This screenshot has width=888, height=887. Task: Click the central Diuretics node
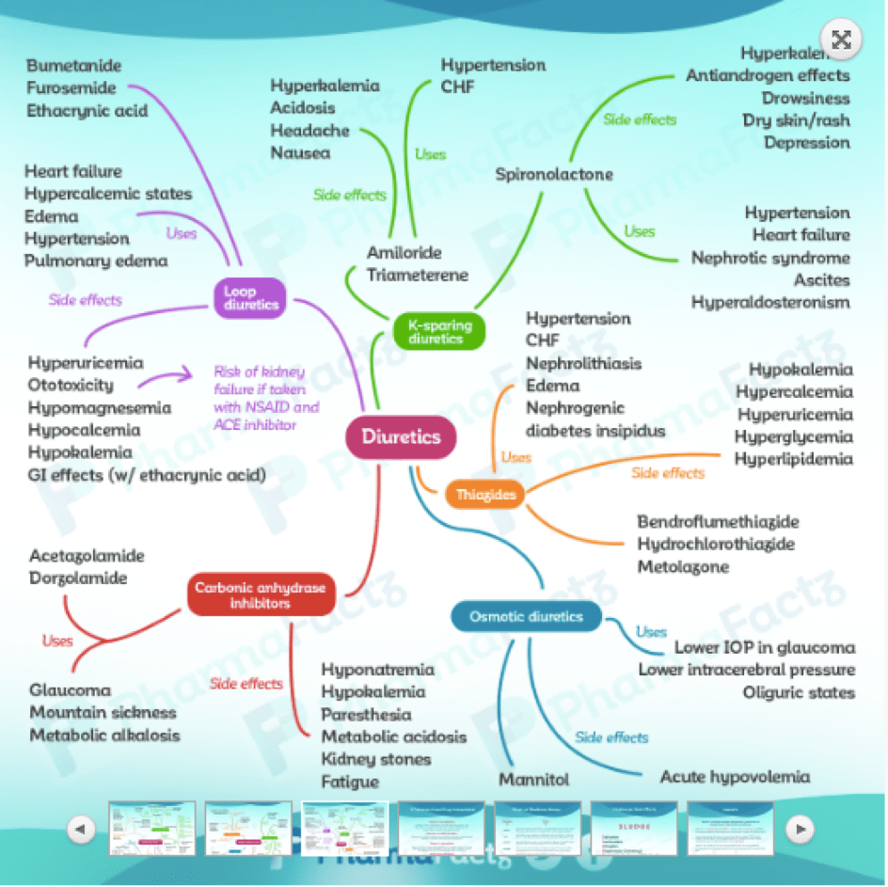pyautogui.click(x=401, y=437)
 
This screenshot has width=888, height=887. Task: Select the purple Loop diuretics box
pyautogui.click(x=250, y=295)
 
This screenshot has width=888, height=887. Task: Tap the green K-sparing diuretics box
pyautogui.click(x=439, y=331)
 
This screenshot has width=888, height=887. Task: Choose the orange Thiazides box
pyautogui.click(x=485, y=494)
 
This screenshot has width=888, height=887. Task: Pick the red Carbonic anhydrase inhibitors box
pyautogui.click(x=261, y=595)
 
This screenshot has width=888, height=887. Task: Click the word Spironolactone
pyautogui.click(x=554, y=174)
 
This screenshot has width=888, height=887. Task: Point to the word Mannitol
pyautogui.click(x=534, y=780)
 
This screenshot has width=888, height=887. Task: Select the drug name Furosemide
pyautogui.click(x=71, y=88)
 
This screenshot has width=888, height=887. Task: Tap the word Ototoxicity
pyautogui.click(x=71, y=385)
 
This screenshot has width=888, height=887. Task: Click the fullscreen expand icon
pyautogui.click(x=841, y=40)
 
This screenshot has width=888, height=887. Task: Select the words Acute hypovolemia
pyautogui.click(x=735, y=777)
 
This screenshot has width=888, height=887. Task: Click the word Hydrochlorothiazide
pyautogui.click(x=716, y=545)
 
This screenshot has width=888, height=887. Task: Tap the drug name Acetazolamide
pyautogui.click(x=87, y=556)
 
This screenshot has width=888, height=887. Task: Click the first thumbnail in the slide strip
pyautogui.click(x=151, y=829)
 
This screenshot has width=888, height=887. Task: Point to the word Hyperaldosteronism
pyautogui.click(x=770, y=302)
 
